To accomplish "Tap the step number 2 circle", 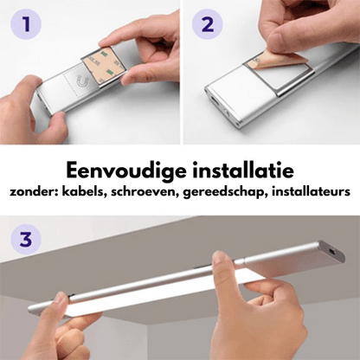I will [x=207, y=25].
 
